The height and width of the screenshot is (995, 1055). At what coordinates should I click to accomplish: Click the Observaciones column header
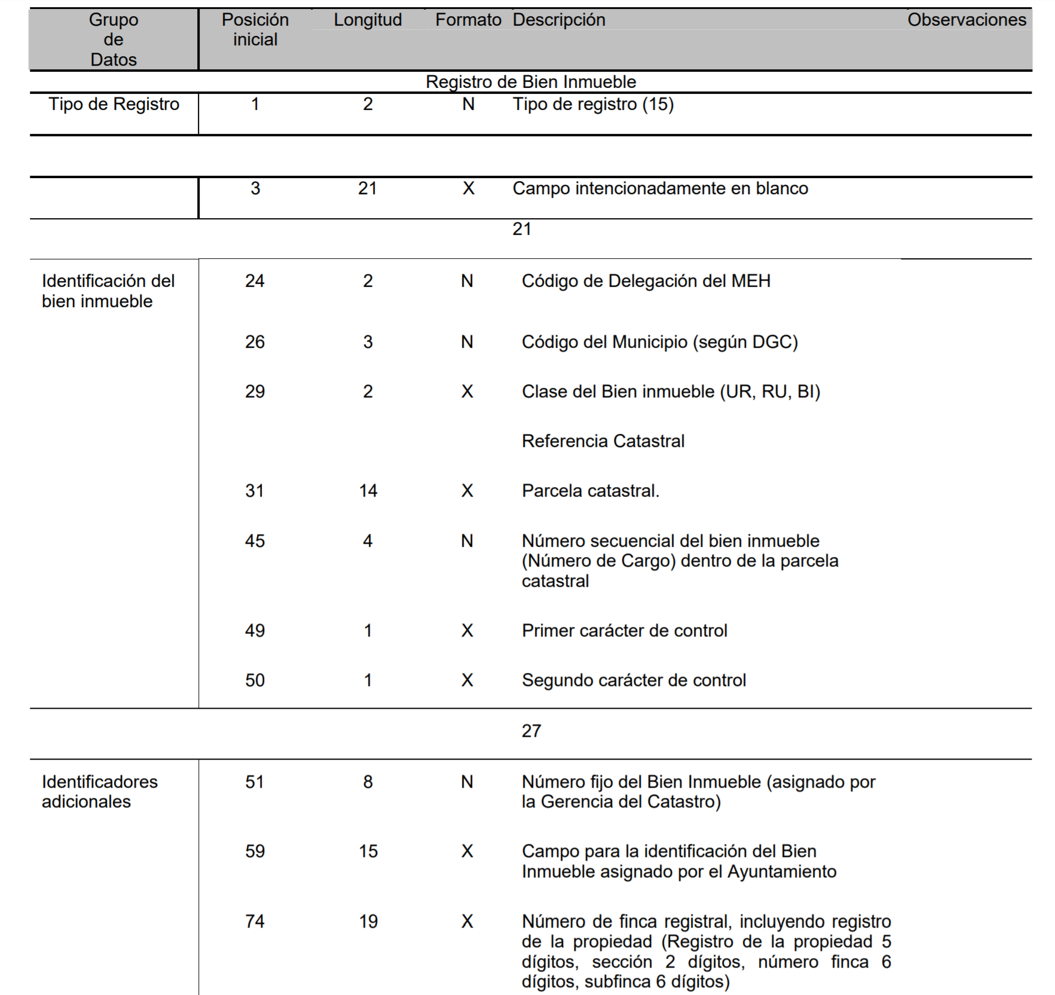[966, 20]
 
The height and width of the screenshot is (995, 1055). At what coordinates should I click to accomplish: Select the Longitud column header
[368, 20]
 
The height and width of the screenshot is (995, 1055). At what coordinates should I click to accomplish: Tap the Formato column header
[468, 20]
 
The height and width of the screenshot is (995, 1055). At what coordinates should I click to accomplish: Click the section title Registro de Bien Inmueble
[530, 82]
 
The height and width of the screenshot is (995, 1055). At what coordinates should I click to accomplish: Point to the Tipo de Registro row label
[114, 104]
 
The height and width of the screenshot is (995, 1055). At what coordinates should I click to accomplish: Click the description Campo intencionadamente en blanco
[660, 188]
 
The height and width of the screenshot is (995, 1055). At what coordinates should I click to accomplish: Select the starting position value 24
[255, 281]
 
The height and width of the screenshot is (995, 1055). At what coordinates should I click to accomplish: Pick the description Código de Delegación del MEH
[646, 281]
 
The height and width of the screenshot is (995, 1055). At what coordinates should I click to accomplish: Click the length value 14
[368, 491]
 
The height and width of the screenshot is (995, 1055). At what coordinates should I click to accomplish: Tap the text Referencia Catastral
[603, 441]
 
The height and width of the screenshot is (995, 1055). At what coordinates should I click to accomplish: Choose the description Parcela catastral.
[590, 491]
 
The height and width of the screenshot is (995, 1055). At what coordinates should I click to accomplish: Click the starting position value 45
[255, 541]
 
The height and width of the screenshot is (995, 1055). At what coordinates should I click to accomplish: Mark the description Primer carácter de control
[624, 630]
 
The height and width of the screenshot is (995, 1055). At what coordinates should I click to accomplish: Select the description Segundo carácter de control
[634, 680]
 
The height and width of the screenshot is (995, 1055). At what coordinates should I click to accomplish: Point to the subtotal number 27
[531, 731]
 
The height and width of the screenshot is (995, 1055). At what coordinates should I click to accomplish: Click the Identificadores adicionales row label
[99, 791]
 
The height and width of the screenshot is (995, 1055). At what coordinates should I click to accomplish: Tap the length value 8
[368, 782]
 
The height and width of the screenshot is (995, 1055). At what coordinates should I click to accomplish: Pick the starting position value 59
[255, 851]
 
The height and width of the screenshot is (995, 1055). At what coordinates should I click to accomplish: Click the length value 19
[368, 921]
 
